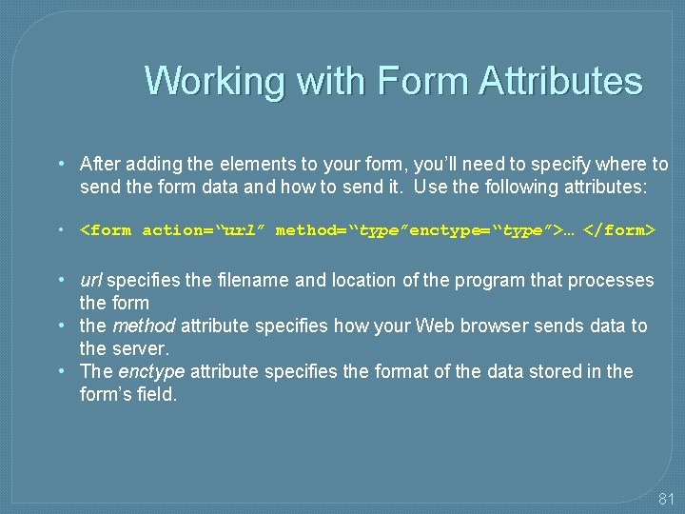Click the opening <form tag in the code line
click(x=106, y=230)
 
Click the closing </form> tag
click(x=619, y=230)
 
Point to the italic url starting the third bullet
click(x=91, y=280)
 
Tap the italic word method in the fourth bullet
click(x=144, y=326)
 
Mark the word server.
click(x=139, y=348)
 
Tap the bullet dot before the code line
click(x=60, y=230)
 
